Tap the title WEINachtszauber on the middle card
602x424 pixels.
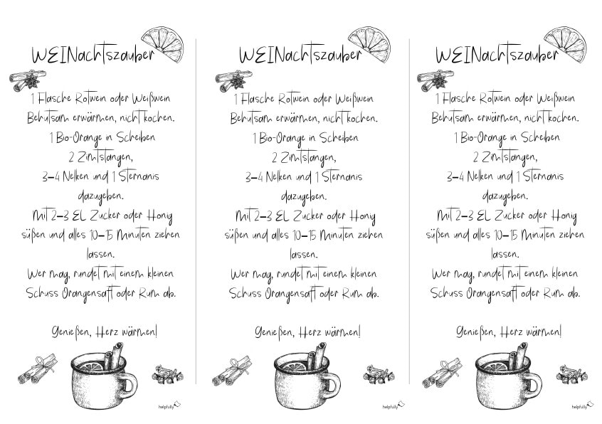pyautogui.click(x=300, y=55)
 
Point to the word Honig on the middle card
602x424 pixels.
pyautogui.click(x=362, y=217)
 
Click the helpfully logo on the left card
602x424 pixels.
pyautogui.click(x=169, y=406)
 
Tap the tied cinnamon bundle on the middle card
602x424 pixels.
pyautogui.click(x=232, y=371)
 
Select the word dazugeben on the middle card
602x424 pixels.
pyautogui.click(x=304, y=197)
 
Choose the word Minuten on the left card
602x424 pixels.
pyautogui.click(x=134, y=234)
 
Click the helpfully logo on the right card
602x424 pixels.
pyautogui.click(x=581, y=406)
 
